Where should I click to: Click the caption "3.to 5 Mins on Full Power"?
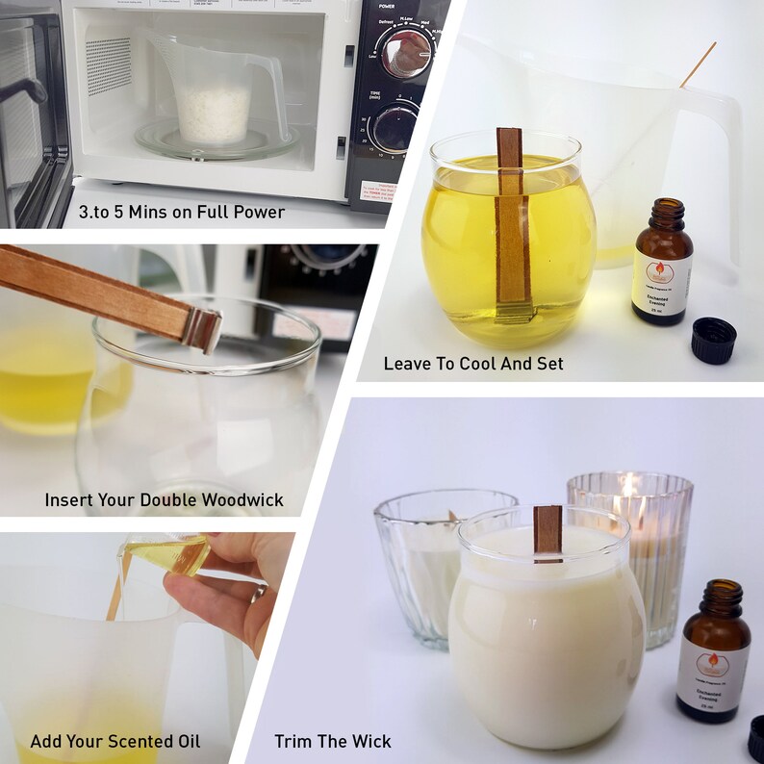click(x=182, y=211)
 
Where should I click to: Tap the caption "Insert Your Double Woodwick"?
click(x=164, y=500)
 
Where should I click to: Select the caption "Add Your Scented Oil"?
click(x=115, y=741)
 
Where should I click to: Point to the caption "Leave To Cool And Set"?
click(x=473, y=364)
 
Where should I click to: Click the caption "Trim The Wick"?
click(x=333, y=741)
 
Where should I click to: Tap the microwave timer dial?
click(x=396, y=126)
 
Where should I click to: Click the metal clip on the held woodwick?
click(x=204, y=329)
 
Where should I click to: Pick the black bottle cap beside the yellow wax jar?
click(x=713, y=338)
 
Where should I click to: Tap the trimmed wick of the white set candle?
click(x=548, y=530)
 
